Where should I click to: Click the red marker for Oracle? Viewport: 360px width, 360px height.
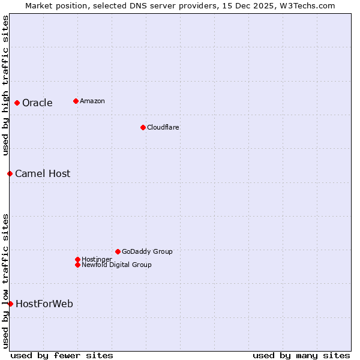tap(17, 103)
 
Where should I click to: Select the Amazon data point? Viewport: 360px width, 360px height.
tap(76, 101)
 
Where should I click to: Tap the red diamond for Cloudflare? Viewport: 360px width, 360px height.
tap(143, 127)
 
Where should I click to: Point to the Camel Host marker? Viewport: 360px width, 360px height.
tap(10, 173)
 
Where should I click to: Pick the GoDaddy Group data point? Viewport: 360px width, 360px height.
tap(118, 251)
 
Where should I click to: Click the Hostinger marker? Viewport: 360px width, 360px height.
tap(77, 259)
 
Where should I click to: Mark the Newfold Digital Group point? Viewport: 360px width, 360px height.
tap(77, 265)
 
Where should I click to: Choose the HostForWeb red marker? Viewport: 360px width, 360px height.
tap(10, 304)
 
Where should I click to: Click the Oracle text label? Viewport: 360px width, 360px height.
tap(37, 103)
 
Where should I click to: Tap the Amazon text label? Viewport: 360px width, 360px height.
tap(92, 101)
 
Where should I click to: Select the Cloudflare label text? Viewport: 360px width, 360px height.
tap(163, 127)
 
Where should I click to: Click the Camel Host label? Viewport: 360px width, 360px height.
tap(43, 174)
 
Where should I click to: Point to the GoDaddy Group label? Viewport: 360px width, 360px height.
tap(147, 251)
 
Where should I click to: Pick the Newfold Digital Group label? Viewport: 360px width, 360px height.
tap(116, 265)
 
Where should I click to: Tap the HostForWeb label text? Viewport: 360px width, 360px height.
tap(44, 304)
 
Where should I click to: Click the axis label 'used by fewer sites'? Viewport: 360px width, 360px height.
tap(62, 355)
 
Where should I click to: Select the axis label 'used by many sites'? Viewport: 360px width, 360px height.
tap(301, 355)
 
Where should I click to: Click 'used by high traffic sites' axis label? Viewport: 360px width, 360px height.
tap(5, 85)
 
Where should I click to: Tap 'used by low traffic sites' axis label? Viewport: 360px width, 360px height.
tap(5, 280)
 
